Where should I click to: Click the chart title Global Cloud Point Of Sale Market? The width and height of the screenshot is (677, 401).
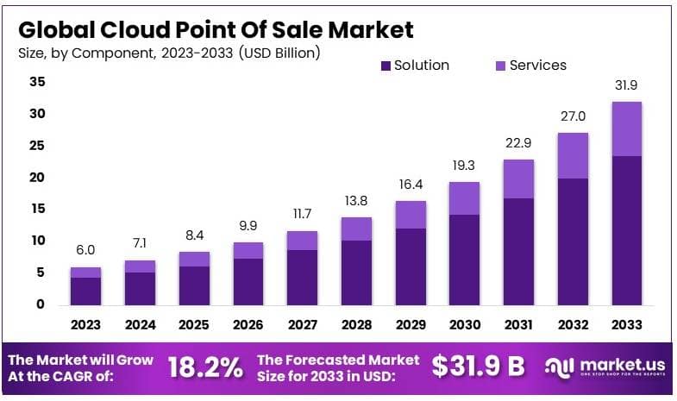[216, 29]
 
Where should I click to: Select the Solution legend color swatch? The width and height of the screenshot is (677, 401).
[386, 66]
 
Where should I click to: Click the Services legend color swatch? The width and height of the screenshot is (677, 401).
[501, 66]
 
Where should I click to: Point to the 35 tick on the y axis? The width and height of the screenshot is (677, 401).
[37, 83]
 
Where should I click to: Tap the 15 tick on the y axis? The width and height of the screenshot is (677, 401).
[37, 210]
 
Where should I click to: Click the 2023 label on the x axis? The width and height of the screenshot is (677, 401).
[85, 325]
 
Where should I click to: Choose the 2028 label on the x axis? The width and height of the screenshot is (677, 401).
[356, 325]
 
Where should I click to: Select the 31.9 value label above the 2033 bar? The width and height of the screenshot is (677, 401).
[627, 85]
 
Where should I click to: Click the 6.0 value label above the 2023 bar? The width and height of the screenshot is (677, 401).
[85, 250]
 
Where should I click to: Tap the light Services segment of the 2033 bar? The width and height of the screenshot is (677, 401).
[627, 128]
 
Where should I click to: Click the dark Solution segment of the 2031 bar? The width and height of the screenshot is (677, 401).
[518, 251]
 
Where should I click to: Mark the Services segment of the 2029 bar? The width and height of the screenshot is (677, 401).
[410, 215]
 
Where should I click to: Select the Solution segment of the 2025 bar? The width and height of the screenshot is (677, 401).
[193, 285]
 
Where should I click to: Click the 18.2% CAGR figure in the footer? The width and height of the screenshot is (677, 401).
[204, 367]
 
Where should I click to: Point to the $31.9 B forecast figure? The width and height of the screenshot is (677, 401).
[478, 367]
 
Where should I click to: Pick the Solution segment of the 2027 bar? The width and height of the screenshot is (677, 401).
[302, 277]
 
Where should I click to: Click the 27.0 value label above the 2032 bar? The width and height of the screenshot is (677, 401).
[573, 116]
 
